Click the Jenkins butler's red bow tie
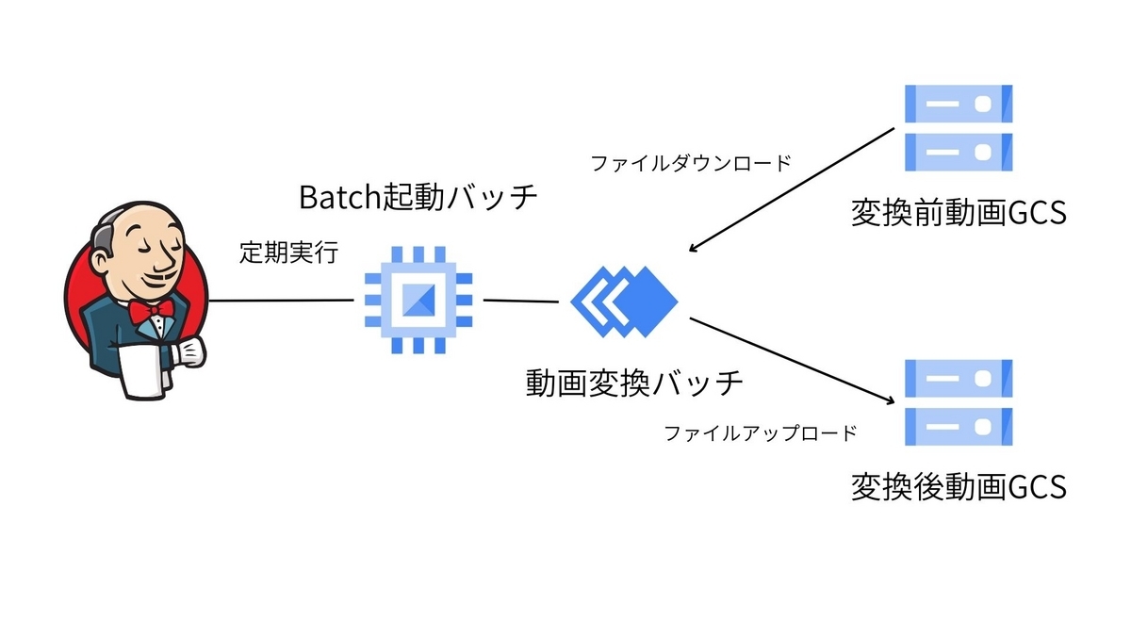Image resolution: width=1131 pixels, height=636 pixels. coord(151,310)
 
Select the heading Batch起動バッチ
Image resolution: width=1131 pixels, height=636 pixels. coord(418,198)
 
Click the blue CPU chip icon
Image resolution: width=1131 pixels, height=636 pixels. coord(418,301)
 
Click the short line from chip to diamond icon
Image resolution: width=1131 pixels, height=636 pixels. coord(520,302)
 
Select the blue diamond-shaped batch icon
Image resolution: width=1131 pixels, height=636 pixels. coord(625,301)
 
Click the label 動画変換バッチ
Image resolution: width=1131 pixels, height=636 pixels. coord(634,383)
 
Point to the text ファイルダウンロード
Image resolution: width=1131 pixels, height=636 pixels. coord(691,163)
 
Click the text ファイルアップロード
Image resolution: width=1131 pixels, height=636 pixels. coord(761,433)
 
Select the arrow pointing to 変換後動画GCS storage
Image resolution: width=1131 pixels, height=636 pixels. coord(792,360)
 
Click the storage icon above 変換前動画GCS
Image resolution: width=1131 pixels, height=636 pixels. coord(958,126)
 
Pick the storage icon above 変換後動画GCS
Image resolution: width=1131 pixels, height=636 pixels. coord(958,401)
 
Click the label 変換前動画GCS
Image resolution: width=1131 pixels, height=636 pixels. coord(958,214)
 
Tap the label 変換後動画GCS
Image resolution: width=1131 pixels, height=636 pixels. coord(958,487)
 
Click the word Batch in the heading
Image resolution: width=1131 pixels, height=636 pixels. coord(335,198)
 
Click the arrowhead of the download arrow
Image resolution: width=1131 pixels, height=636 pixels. coord(694,249)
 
